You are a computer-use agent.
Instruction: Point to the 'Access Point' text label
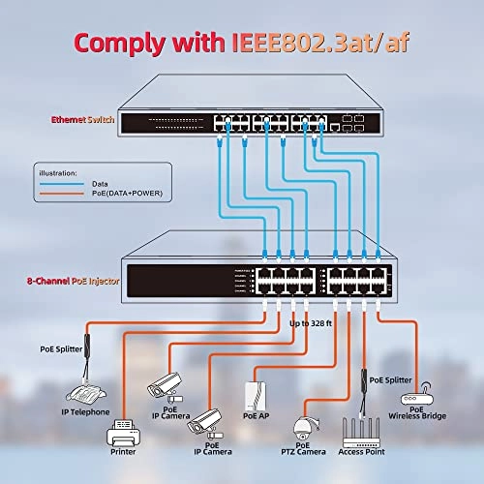pos(364,452)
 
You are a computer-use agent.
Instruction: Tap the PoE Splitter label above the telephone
pos(60,348)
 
